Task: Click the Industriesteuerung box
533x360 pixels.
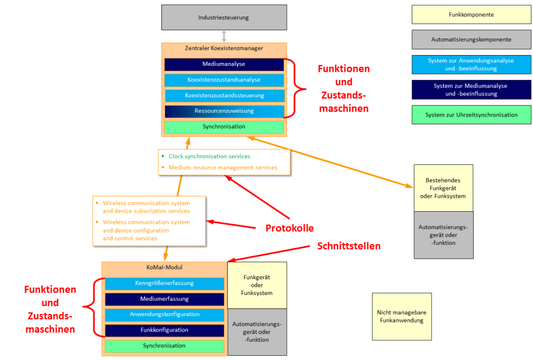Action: pos(224,17)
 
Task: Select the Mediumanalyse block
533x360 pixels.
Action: pos(224,64)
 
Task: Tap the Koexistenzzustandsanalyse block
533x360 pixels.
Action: pos(224,80)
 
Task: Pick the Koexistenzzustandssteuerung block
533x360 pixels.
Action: pos(224,96)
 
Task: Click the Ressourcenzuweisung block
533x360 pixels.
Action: pos(224,111)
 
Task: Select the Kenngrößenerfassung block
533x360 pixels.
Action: pos(164,284)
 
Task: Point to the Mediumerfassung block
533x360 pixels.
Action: pos(164,299)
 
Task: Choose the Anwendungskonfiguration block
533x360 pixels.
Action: pos(164,315)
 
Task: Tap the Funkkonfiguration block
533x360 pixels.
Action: pos(164,330)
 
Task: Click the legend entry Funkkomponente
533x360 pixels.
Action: pos(471,15)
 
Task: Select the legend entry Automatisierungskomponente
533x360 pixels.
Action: pos(471,40)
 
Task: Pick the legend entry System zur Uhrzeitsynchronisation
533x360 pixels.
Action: pos(471,115)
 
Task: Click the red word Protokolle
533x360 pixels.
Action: pos(289,228)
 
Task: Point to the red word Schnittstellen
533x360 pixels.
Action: pos(349,246)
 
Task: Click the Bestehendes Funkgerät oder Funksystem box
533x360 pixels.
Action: pos(443,188)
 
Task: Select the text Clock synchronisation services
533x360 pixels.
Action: pos(209,156)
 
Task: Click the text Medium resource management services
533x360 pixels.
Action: pos(223,168)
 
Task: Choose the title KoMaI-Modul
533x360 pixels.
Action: pos(164,268)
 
